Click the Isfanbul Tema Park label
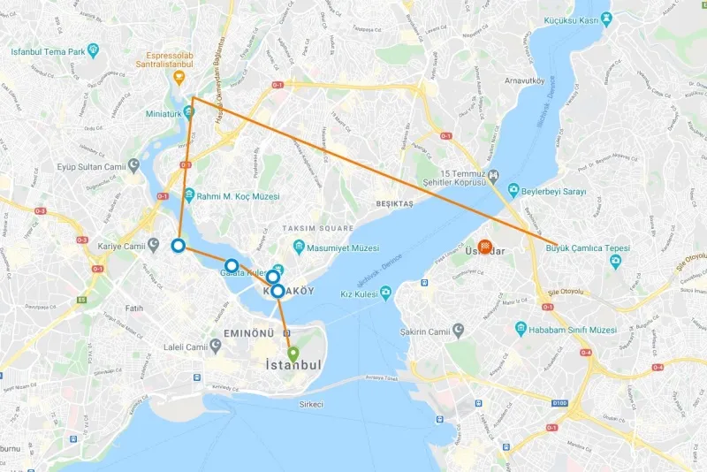click(x=48, y=51)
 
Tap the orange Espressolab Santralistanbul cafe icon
click(x=179, y=77)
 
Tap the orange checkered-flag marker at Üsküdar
click(x=485, y=247)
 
